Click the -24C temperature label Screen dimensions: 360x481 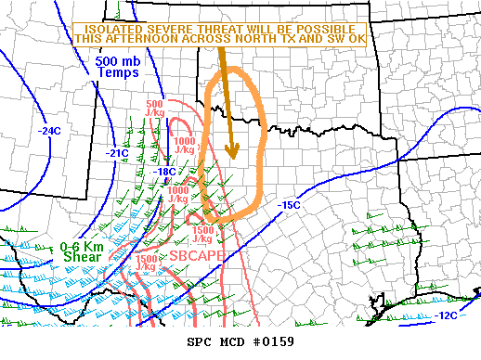(x=50, y=131)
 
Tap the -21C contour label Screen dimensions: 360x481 (x=117, y=152)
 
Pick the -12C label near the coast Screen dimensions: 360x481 (x=445, y=315)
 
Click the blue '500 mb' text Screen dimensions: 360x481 (x=117, y=62)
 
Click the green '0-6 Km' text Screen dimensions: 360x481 (x=81, y=247)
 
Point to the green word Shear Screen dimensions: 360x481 (x=79, y=258)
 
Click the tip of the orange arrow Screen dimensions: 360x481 (x=232, y=156)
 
